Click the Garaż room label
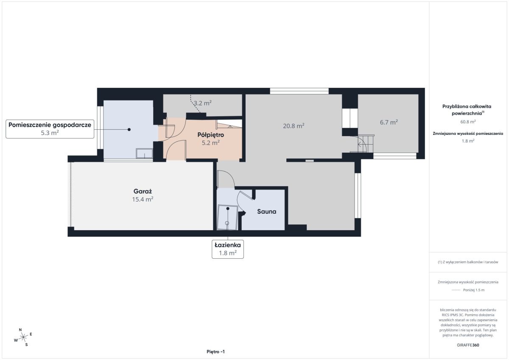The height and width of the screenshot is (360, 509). (143, 191)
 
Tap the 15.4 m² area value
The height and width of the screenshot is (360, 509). (143, 199)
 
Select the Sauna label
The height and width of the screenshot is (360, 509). (266, 212)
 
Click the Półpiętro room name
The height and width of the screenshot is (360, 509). (211, 135)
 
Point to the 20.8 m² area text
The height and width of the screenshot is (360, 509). (294, 126)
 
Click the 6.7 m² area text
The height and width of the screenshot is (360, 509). (389, 123)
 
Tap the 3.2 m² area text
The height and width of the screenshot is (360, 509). (203, 103)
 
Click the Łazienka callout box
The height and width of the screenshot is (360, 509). (228, 249)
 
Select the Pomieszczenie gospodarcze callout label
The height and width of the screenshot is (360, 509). (50, 129)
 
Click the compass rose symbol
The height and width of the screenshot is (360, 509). (23, 337)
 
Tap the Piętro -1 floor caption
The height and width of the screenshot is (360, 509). (215, 352)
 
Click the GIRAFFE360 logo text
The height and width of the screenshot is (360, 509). (468, 345)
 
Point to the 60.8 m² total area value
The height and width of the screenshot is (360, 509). (468, 122)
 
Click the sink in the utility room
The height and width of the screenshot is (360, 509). (144, 153)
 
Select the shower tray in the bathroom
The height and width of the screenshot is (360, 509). (227, 218)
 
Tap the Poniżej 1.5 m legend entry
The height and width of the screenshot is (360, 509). (468, 290)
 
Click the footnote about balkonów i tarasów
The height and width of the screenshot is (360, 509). (468, 262)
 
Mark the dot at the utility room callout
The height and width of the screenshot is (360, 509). (129, 129)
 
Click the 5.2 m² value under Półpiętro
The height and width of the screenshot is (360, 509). (211, 143)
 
